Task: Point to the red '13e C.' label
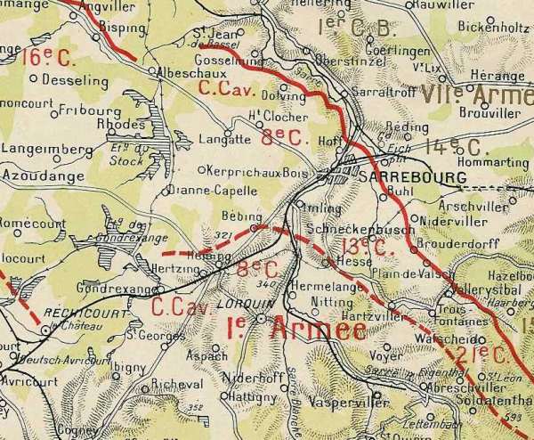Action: [x=366, y=249]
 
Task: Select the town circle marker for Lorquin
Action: [x=260, y=318]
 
